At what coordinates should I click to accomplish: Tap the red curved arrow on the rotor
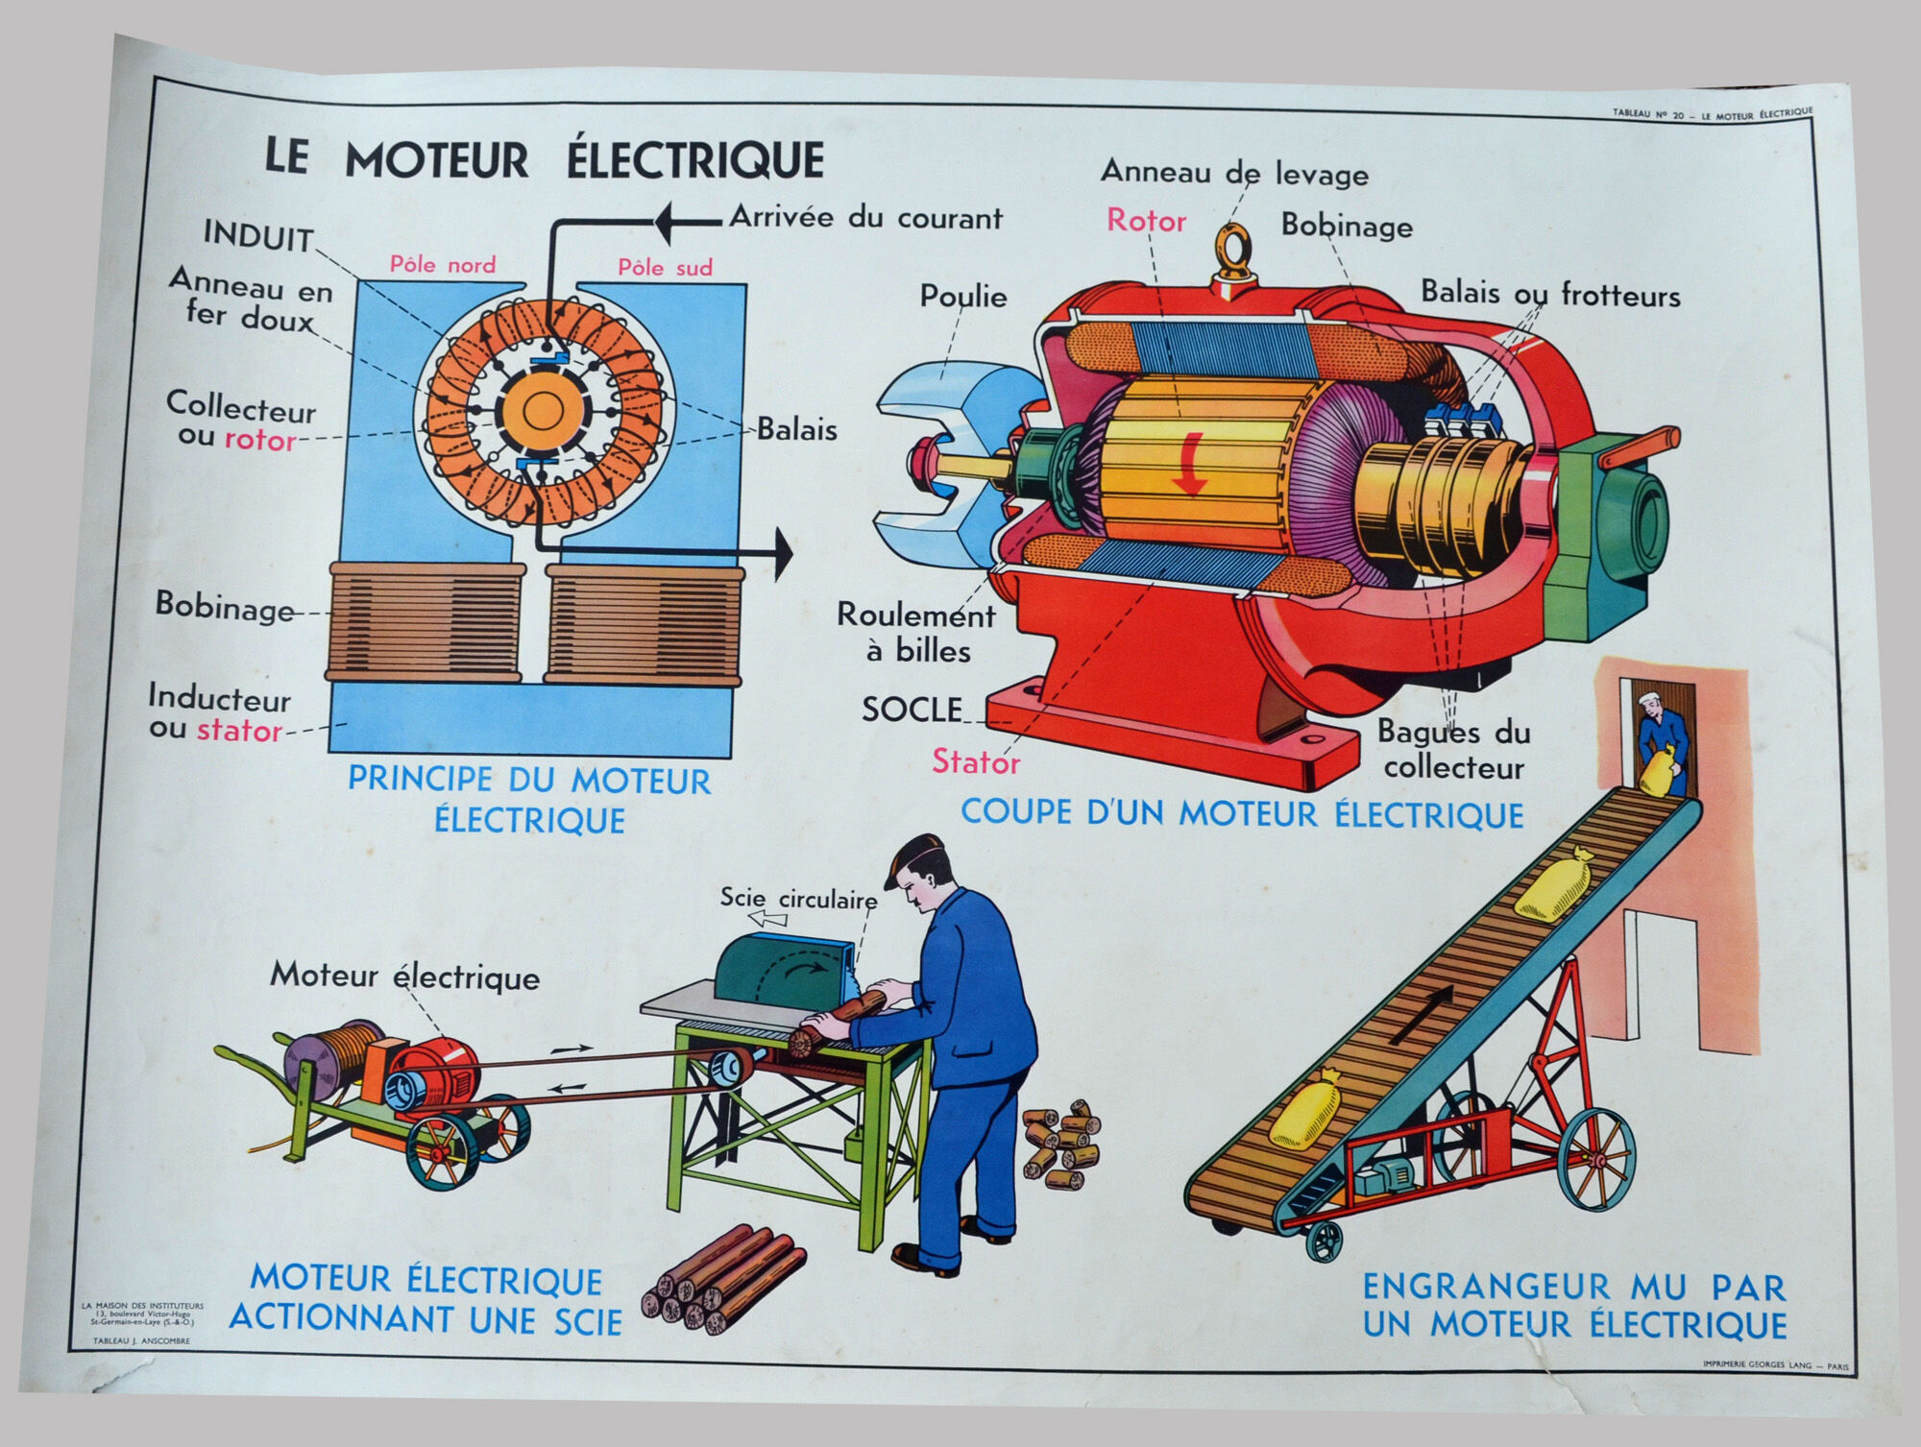tap(1192, 464)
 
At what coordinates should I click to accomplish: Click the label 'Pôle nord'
tap(443, 265)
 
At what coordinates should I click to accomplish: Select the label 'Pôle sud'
tap(665, 267)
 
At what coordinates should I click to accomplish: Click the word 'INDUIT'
tap(257, 236)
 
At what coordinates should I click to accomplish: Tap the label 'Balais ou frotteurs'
tap(1550, 294)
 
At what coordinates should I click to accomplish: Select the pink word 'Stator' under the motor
tap(975, 762)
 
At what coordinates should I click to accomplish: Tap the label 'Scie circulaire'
tap(798, 900)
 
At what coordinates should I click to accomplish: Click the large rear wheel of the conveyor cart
tap(1595, 1158)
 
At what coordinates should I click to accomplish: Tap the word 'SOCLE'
tap(911, 710)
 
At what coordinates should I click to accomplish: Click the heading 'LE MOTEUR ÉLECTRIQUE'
tap(544, 159)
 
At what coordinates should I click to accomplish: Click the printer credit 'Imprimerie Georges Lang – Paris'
tap(1774, 1364)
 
